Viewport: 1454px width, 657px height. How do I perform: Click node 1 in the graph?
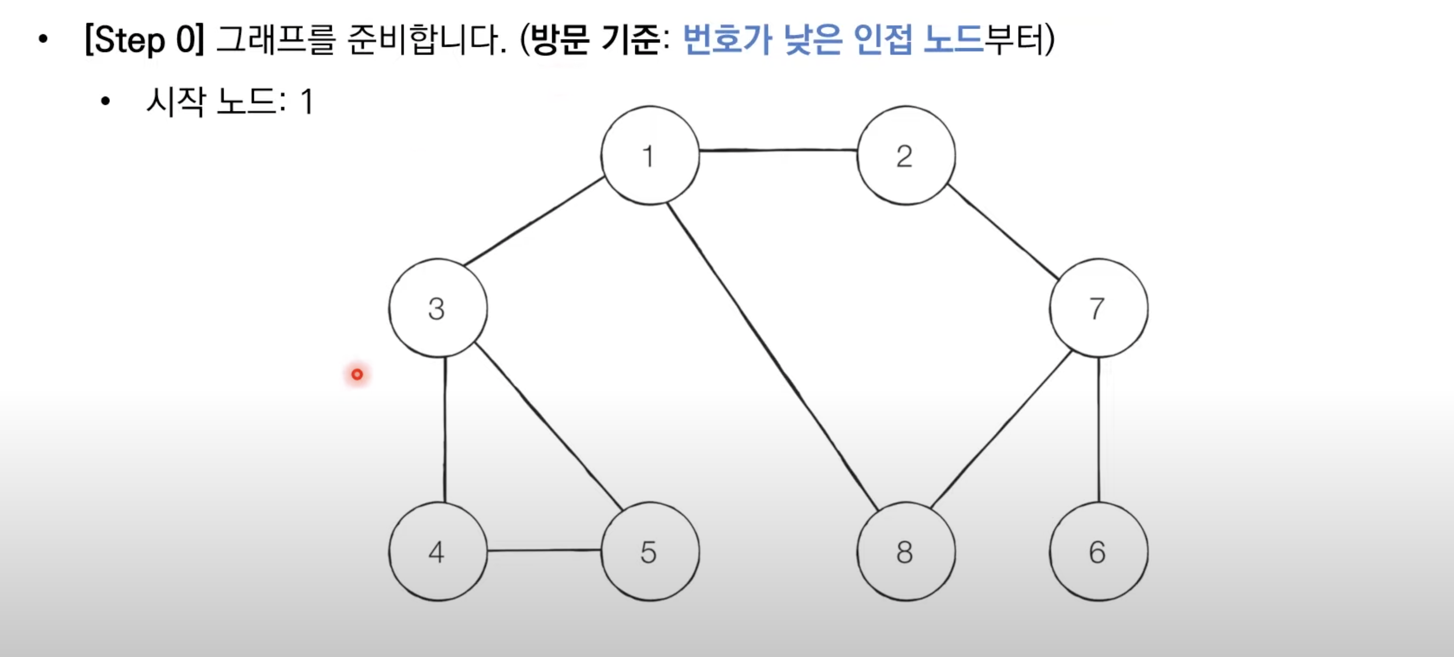(650, 155)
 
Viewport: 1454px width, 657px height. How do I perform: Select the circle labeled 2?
(905, 155)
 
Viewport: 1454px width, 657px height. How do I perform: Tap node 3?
(437, 308)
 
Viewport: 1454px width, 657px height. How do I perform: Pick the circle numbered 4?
(437, 551)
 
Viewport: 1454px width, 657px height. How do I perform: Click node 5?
(650, 551)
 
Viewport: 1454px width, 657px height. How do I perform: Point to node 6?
(1098, 551)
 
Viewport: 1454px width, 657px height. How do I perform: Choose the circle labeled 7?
(1098, 308)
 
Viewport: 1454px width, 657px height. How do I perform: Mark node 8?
(905, 551)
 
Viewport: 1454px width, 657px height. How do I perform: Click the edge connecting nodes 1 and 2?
(778, 150)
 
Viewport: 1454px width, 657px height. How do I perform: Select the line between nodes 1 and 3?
(534, 221)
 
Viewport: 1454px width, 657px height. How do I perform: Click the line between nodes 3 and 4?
(445, 430)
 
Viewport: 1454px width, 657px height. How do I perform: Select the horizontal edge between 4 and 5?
(544, 550)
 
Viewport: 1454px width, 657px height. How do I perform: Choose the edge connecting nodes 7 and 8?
(1001, 430)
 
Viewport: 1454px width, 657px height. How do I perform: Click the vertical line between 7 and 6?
(1099, 430)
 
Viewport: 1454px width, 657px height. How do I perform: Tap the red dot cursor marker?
(357, 375)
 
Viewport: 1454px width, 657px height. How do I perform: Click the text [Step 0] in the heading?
(144, 40)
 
